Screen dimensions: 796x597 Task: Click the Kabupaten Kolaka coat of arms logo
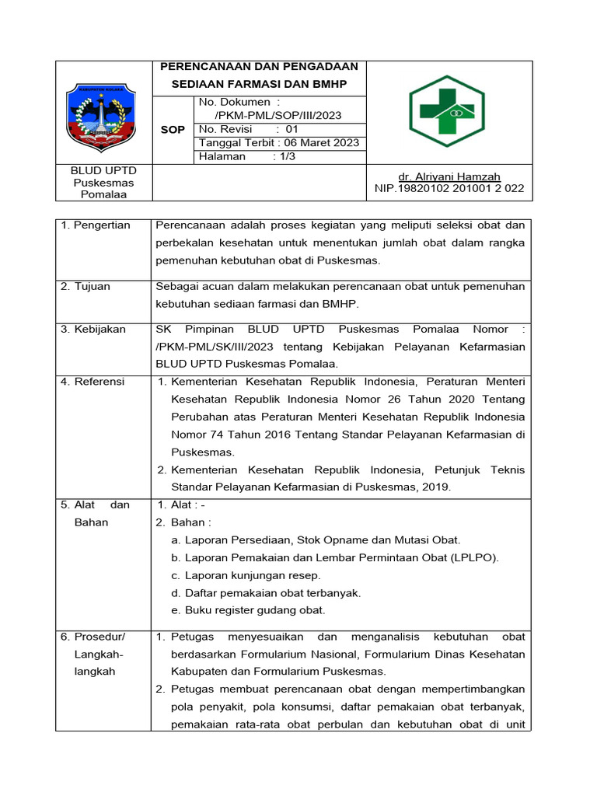103,116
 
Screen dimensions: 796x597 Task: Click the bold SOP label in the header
173,130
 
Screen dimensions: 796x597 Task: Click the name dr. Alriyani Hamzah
449,176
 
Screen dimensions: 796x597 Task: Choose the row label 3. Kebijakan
93,330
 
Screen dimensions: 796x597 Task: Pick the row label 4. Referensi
93,382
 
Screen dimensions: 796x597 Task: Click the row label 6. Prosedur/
93,637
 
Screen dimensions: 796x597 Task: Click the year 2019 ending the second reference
437,487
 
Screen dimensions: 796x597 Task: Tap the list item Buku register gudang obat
255,610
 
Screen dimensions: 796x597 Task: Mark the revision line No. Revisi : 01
249,130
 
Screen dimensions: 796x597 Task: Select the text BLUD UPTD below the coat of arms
103,170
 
